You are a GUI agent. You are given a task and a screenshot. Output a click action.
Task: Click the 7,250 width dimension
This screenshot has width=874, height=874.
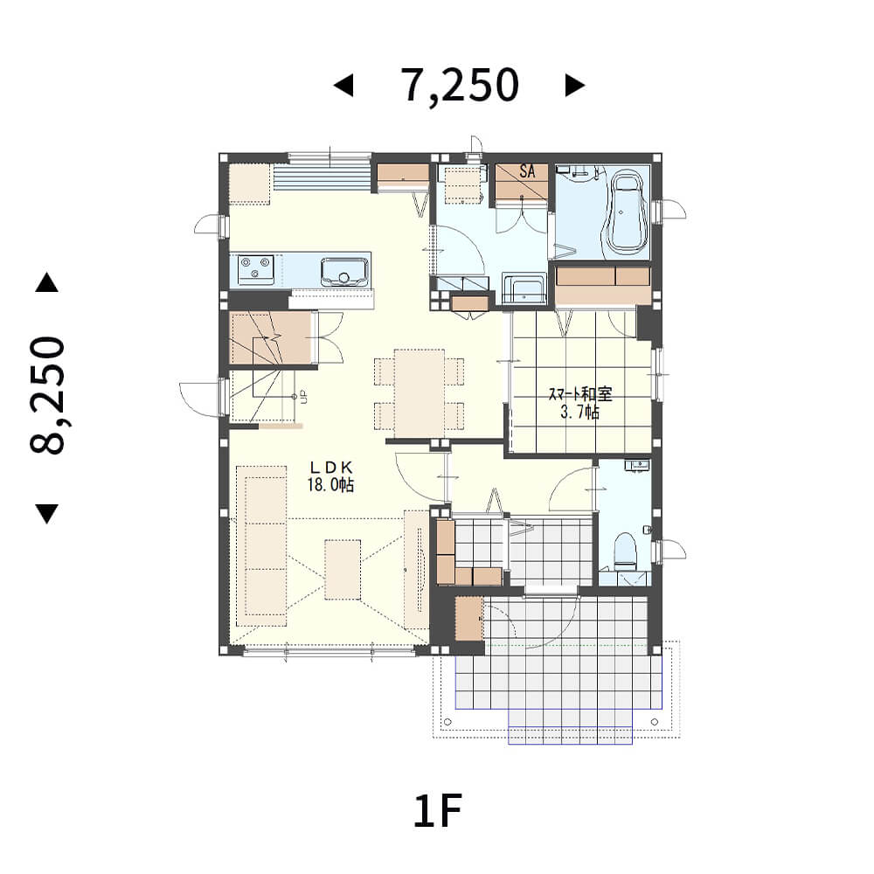[461, 86]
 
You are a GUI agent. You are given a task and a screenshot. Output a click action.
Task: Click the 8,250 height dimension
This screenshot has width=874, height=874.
[47, 395]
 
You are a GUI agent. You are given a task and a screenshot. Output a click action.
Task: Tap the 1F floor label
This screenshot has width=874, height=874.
[438, 811]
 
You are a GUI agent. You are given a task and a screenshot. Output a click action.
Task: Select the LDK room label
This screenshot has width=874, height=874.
[331, 467]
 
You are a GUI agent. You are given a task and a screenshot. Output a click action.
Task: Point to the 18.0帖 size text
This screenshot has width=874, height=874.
[330, 484]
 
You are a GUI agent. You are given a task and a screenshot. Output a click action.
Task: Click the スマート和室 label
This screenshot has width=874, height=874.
[580, 395]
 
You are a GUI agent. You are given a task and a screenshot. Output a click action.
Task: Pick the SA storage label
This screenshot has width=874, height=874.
[527, 170]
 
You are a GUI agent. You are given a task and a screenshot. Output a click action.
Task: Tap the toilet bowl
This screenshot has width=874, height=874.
[625, 551]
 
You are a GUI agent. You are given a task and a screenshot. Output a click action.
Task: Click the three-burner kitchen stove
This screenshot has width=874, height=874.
[256, 270]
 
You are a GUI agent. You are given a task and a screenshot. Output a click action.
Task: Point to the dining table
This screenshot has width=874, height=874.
[420, 393]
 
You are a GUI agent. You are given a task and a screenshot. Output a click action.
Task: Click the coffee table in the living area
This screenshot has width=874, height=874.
[343, 569]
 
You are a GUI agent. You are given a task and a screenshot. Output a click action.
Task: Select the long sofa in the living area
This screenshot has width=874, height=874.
[261, 546]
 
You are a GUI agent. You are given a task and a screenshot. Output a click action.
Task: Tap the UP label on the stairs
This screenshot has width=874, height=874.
[304, 397]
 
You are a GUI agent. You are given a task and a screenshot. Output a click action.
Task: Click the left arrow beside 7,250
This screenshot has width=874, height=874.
[343, 86]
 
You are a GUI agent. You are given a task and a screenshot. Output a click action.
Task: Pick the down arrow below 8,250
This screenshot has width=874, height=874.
[47, 513]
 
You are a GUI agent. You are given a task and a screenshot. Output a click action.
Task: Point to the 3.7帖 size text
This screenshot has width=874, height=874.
[580, 413]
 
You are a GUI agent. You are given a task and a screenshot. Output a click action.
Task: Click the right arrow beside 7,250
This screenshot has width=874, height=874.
[575, 86]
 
